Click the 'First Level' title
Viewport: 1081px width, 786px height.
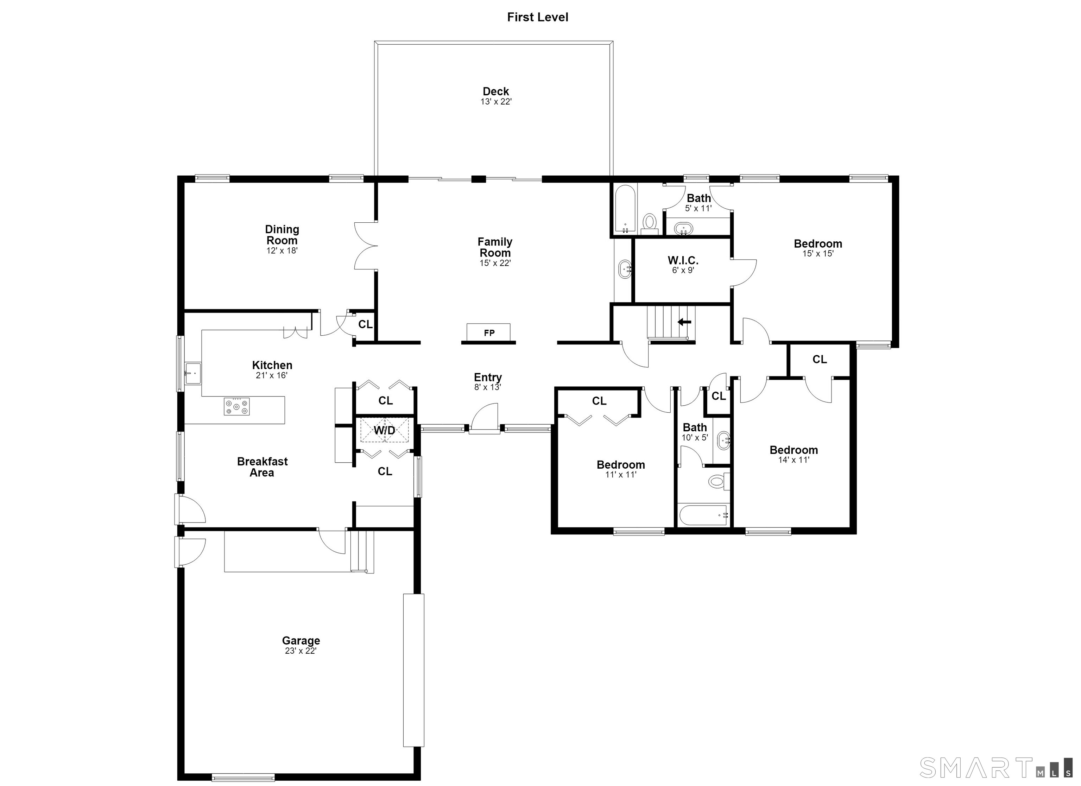(x=538, y=17)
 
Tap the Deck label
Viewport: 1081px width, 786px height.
(x=496, y=91)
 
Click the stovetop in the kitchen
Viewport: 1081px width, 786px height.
(x=237, y=406)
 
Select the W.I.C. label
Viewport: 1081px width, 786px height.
(x=683, y=260)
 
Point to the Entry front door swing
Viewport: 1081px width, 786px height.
(x=484, y=418)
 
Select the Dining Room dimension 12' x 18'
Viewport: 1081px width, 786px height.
(x=282, y=251)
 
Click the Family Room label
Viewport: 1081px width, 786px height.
(x=495, y=247)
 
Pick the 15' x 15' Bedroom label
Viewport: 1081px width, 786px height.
(x=818, y=243)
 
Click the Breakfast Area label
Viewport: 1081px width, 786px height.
(x=262, y=467)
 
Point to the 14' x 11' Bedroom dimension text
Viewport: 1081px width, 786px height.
(x=794, y=460)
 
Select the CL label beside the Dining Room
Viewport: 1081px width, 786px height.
(x=365, y=324)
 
